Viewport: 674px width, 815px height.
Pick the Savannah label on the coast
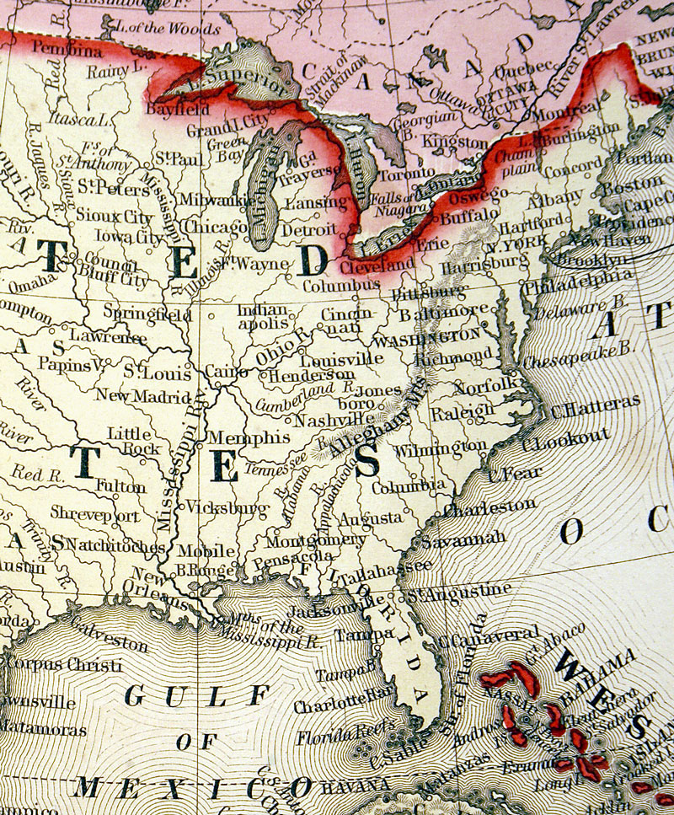pyautogui.click(x=463, y=537)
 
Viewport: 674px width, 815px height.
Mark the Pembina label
pyautogui.click(x=67, y=50)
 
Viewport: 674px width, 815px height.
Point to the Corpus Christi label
pyautogui.click(x=63, y=665)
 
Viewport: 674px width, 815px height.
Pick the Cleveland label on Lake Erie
pyautogui.click(x=377, y=266)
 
